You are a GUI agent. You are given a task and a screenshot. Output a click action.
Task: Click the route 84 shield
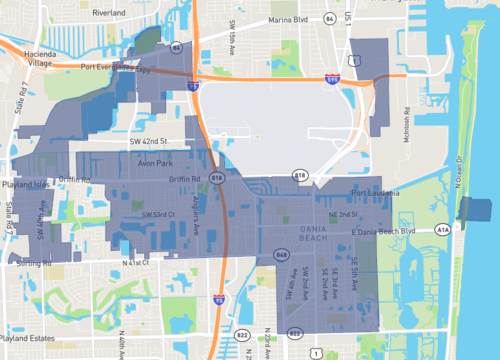tap(176, 46)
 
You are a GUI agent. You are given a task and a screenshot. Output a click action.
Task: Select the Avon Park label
tap(151, 163)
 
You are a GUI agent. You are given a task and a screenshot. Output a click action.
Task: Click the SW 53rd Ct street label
tap(158, 215)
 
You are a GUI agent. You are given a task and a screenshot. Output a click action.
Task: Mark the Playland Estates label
tap(30, 339)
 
